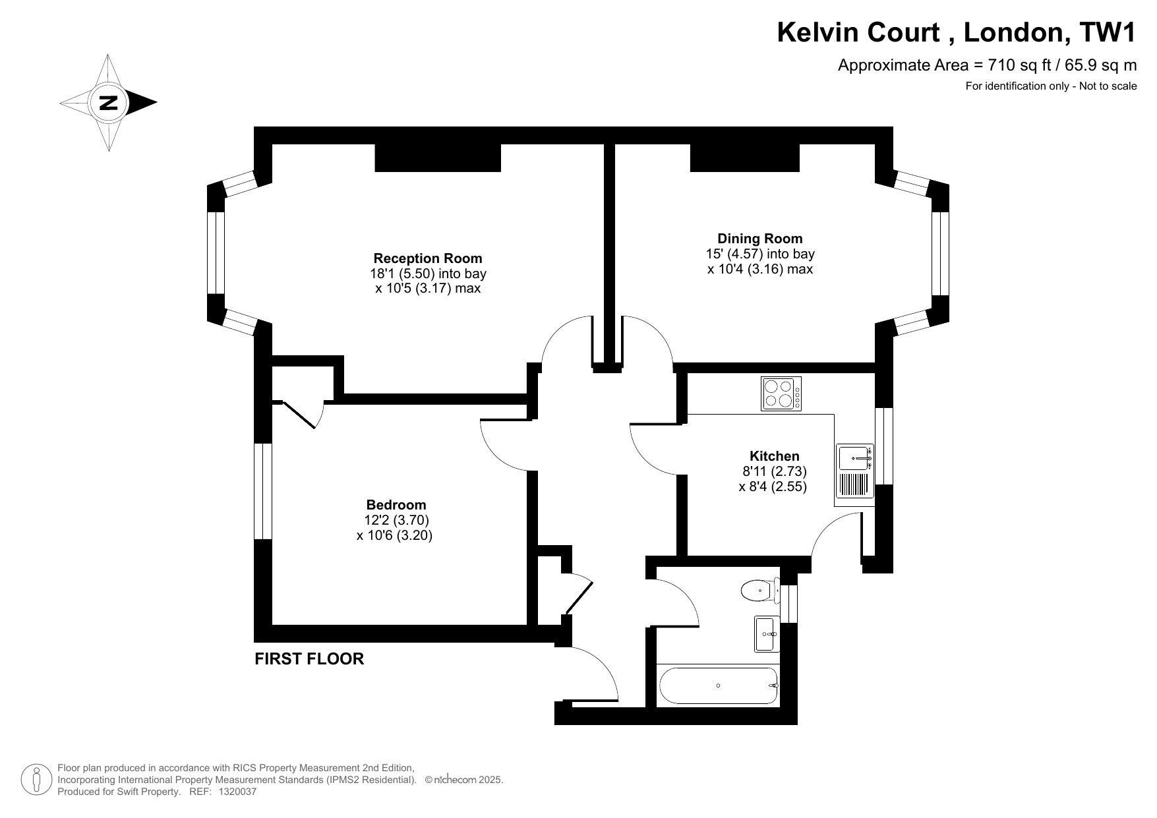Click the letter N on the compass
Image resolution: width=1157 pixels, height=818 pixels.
pyautogui.click(x=108, y=103)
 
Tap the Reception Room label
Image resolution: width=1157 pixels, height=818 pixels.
pyautogui.click(x=428, y=258)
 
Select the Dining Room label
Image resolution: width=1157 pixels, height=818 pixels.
pyautogui.click(x=760, y=239)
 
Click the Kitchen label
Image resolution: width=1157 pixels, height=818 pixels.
pyautogui.click(x=775, y=456)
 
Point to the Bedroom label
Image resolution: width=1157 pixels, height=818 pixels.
pyautogui.click(x=396, y=506)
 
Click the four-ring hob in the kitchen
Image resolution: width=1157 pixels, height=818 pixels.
pyautogui.click(x=781, y=394)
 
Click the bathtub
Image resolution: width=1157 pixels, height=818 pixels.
pyautogui.click(x=718, y=686)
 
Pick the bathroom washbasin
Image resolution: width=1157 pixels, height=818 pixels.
pyautogui.click(x=767, y=634)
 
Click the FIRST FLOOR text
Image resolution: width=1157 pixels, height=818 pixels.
pyautogui.click(x=309, y=658)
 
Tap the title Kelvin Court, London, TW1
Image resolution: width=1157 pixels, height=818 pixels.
pyautogui.click(x=957, y=32)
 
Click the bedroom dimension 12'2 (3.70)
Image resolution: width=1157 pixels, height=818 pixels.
pyautogui.click(x=396, y=521)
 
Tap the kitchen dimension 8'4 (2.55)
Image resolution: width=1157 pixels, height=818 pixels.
pyautogui.click(x=773, y=487)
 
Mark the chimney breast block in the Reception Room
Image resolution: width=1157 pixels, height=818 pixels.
pyautogui.click(x=438, y=158)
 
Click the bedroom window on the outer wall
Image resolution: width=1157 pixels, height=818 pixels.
pyautogui.click(x=263, y=491)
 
